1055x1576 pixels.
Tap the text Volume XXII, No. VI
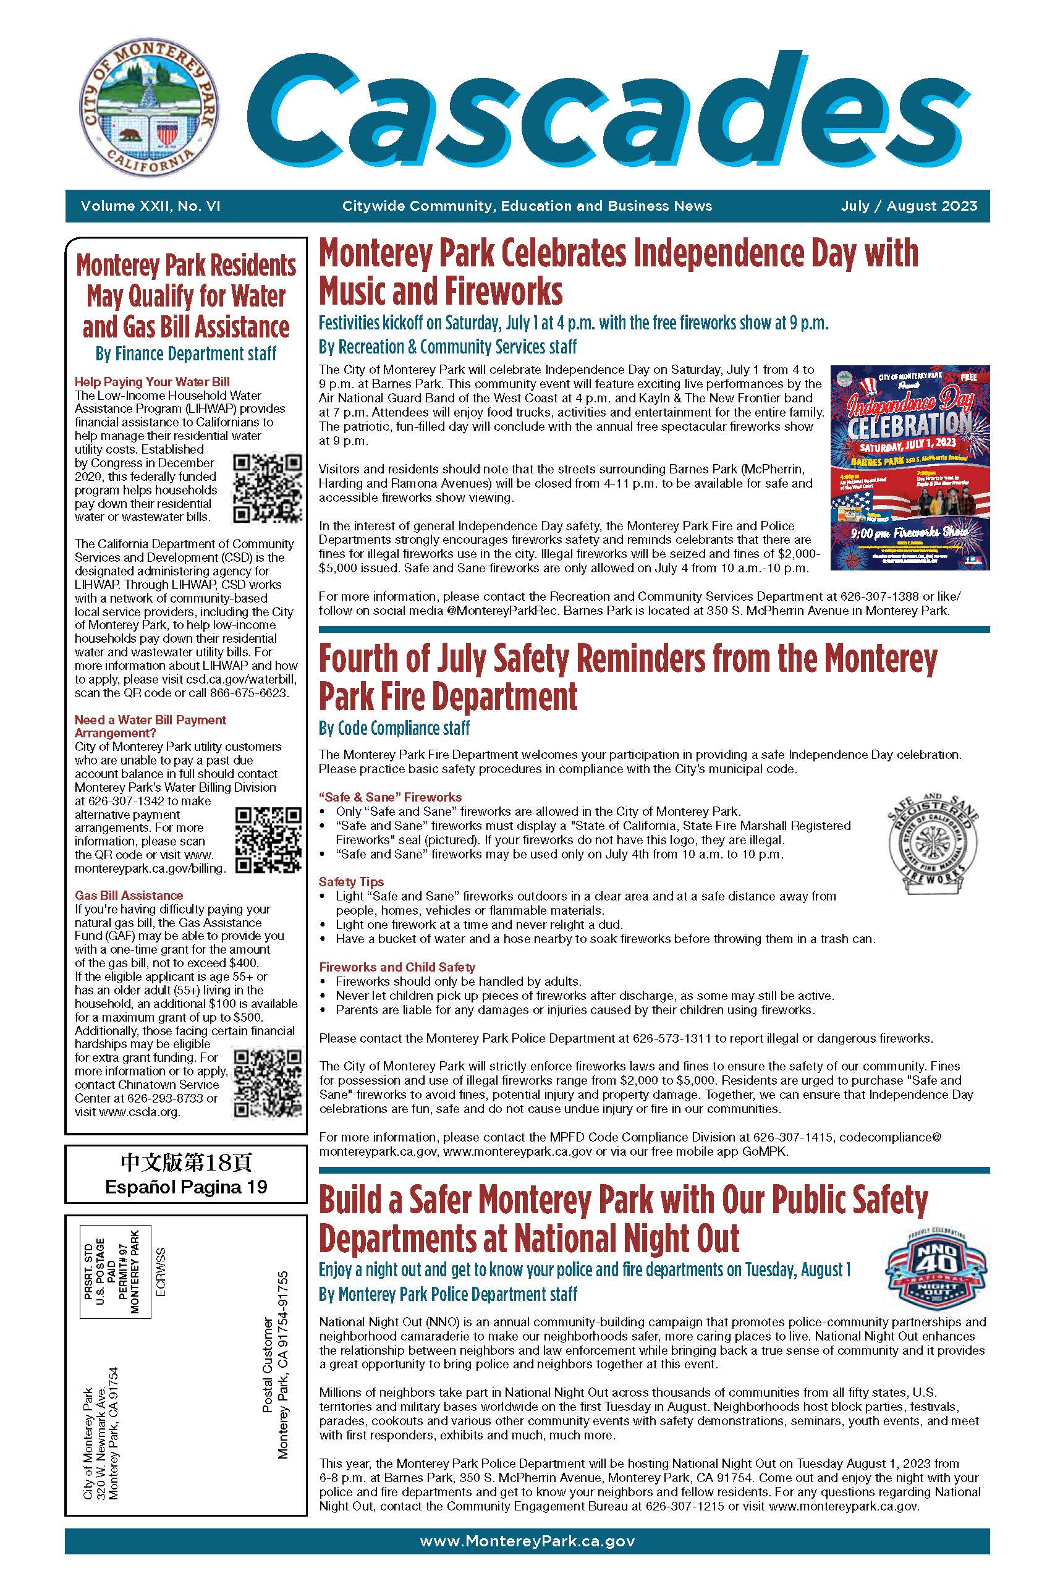(150, 206)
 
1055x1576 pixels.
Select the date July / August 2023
(909, 206)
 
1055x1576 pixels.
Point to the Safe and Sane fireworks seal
(932, 845)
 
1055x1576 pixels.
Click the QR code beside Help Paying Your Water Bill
(267, 489)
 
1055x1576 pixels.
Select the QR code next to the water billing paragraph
(268, 840)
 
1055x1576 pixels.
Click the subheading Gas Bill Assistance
(129, 896)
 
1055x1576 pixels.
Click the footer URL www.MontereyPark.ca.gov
(527, 1541)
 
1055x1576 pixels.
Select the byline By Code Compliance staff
(394, 728)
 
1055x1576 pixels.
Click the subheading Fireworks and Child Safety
(397, 967)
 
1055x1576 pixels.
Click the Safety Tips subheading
(351, 882)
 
